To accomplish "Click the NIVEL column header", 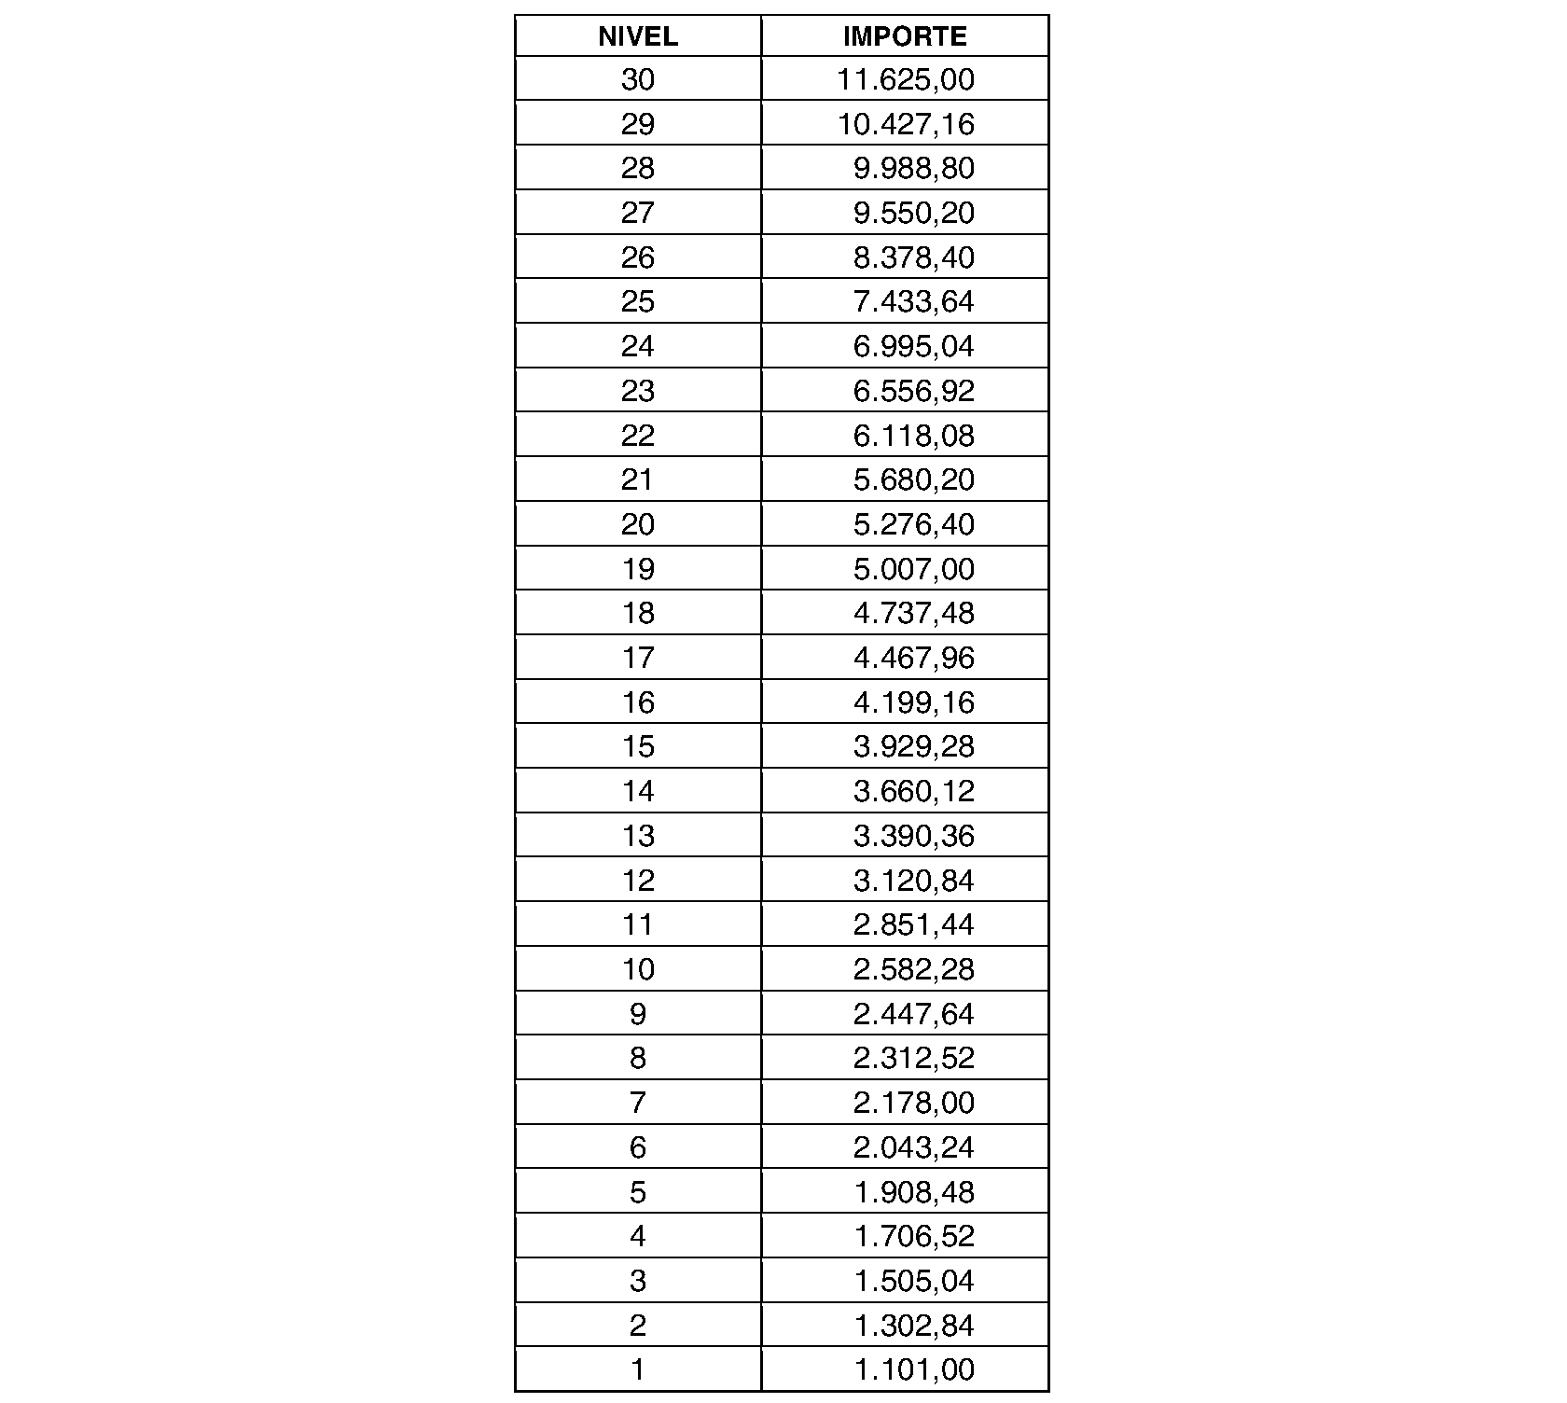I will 638,36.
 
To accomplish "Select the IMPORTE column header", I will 905,36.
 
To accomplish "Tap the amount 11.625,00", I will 905,80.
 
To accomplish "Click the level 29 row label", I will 638,124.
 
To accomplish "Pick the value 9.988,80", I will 913,169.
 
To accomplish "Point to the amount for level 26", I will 913,257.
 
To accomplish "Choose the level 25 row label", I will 638,302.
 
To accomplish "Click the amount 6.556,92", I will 913,391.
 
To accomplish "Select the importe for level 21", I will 913,479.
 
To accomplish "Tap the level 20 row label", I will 638,524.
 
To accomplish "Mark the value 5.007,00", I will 913,569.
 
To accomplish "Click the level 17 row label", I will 638,658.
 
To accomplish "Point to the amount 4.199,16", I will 913,702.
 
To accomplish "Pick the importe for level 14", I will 913,791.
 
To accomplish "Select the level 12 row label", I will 638,880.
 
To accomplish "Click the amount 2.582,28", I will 913,969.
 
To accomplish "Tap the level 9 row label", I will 638,1014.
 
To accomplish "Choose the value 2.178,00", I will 913,1103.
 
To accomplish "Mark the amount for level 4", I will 913,1236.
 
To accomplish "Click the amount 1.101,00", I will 913,1369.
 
